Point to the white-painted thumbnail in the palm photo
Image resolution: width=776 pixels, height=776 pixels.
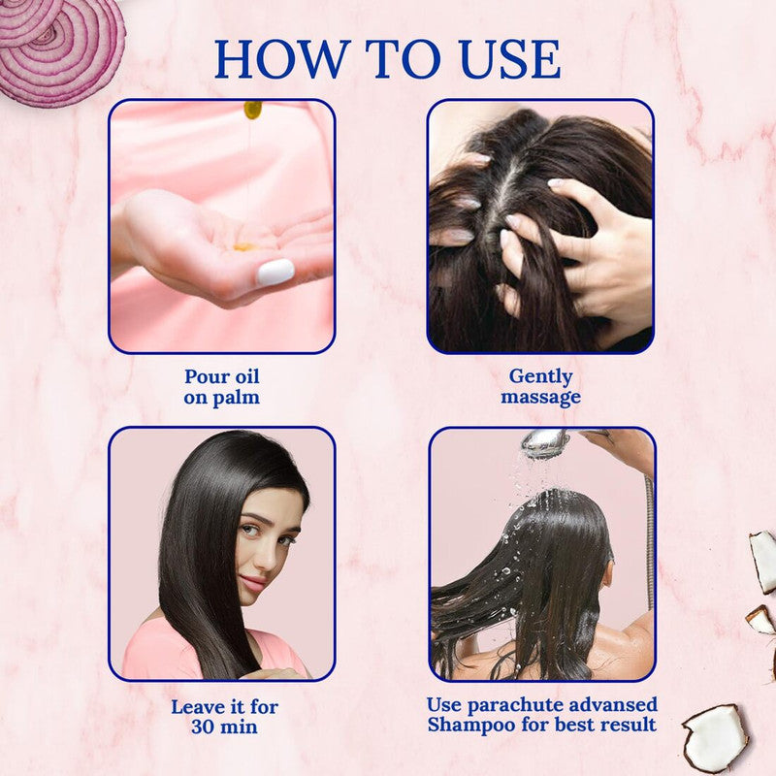pos(275,272)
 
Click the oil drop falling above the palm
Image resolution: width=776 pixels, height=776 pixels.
pos(252,109)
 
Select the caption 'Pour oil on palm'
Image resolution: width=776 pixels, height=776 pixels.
pos(222,386)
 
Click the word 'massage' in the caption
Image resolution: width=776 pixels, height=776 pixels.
pos(540,397)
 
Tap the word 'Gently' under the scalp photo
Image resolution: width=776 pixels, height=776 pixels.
pos(540,375)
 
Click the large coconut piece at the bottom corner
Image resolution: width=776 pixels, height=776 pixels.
pos(715,737)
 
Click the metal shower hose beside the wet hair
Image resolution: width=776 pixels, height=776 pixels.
pos(648,543)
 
